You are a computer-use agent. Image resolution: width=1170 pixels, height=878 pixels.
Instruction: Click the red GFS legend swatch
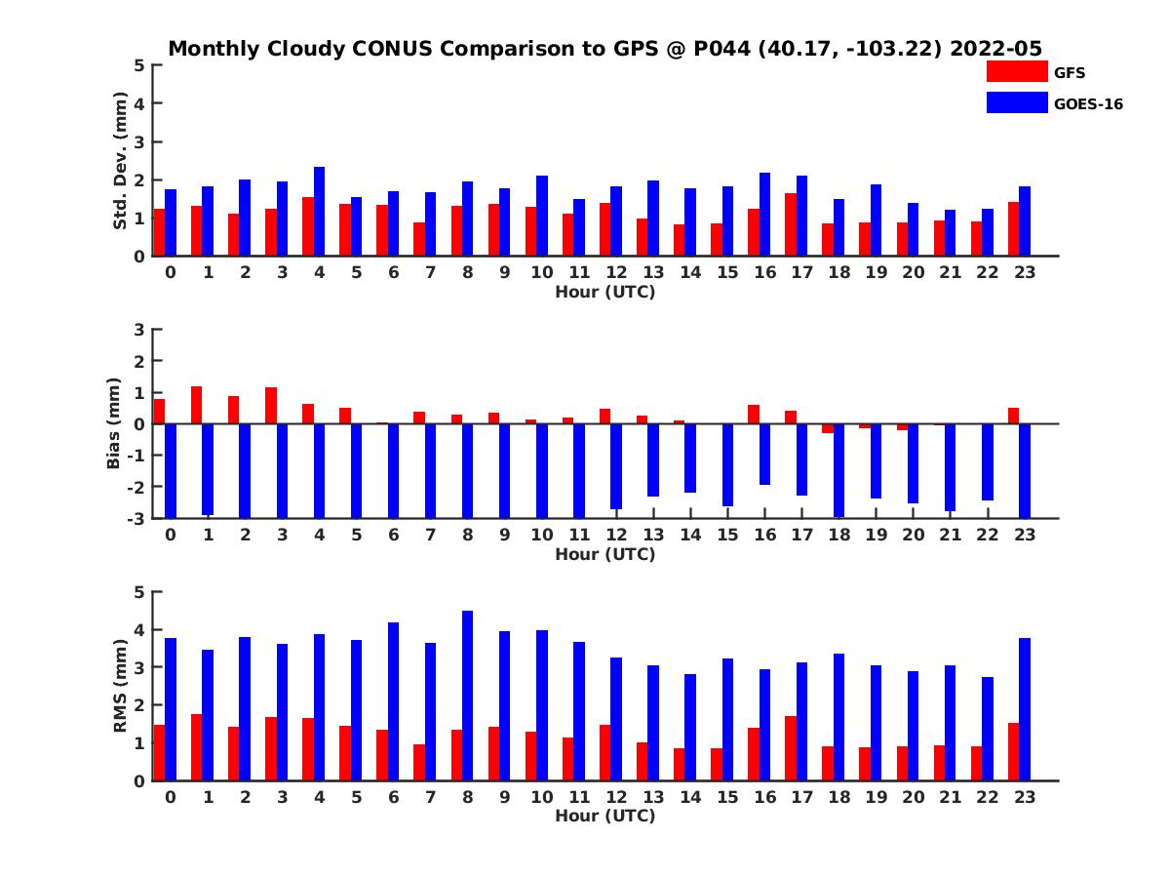pyautogui.click(x=1016, y=71)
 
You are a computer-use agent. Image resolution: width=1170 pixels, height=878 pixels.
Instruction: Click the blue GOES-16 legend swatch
pyautogui.click(x=1016, y=102)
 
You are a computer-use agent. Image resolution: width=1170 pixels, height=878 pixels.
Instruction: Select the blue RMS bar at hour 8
pyautogui.click(x=468, y=696)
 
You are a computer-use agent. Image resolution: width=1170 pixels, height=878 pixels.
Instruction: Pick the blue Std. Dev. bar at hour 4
pyautogui.click(x=320, y=212)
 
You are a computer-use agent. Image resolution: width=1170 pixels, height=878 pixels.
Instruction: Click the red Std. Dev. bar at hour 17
pyautogui.click(x=791, y=224)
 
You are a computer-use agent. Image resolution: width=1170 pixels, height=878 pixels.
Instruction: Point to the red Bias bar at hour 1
pyautogui.click(x=196, y=405)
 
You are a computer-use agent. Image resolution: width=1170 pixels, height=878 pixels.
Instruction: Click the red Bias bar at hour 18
pyautogui.click(x=828, y=428)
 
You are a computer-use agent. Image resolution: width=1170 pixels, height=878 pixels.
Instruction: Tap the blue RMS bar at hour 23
pyautogui.click(x=1025, y=709)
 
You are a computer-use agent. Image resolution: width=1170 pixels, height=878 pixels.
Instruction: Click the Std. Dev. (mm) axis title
pyautogui.click(x=120, y=160)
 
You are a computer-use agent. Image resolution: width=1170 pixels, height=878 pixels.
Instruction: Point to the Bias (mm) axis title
pyautogui.click(x=114, y=423)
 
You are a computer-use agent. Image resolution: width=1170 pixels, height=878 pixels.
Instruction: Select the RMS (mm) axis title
pyautogui.click(x=120, y=686)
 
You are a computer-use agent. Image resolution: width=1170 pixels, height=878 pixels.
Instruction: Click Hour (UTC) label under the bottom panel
pyautogui.click(x=604, y=816)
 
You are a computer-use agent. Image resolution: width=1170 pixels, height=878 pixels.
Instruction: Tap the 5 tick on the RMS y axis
pyautogui.click(x=139, y=591)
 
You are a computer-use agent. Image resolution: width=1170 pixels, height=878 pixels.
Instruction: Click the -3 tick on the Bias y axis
pyautogui.click(x=136, y=518)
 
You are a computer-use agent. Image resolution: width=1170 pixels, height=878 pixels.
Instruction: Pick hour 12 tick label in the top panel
pyautogui.click(x=615, y=273)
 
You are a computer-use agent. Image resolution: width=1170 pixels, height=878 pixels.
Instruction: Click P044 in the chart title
pyautogui.click(x=721, y=49)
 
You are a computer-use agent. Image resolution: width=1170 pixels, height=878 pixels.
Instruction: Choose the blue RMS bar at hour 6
pyautogui.click(x=394, y=701)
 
